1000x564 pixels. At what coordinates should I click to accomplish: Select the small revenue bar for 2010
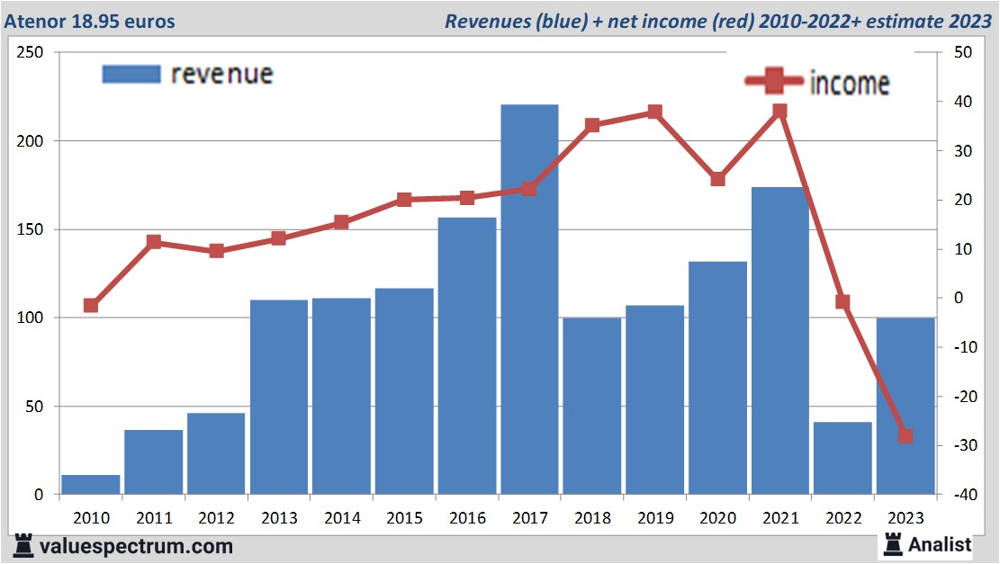[x=91, y=484]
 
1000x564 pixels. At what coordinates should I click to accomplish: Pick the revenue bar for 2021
[x=779, y=341]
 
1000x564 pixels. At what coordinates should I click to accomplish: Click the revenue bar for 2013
[x=279, y=397]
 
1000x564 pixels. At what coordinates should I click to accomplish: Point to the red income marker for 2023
[x=905, y=436]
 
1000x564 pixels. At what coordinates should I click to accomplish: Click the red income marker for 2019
[x=654, y=112]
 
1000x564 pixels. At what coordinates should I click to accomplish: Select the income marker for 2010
[x=91, y=306]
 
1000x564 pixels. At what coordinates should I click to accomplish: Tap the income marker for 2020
[x=717, y=179]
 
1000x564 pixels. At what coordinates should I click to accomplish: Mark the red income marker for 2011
[x=154, y=242]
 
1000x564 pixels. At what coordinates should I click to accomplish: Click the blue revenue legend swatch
[x=131, y=74]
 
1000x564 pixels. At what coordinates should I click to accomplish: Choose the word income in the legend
[x=850, y=84]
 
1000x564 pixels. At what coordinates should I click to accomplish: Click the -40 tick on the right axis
[x=958, y=495]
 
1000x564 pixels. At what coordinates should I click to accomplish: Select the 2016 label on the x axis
[x=467, y=518]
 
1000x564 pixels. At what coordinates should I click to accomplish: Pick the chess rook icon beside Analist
[x=894, y=543]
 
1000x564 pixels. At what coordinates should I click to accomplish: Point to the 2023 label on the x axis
[x=905, y=518]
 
